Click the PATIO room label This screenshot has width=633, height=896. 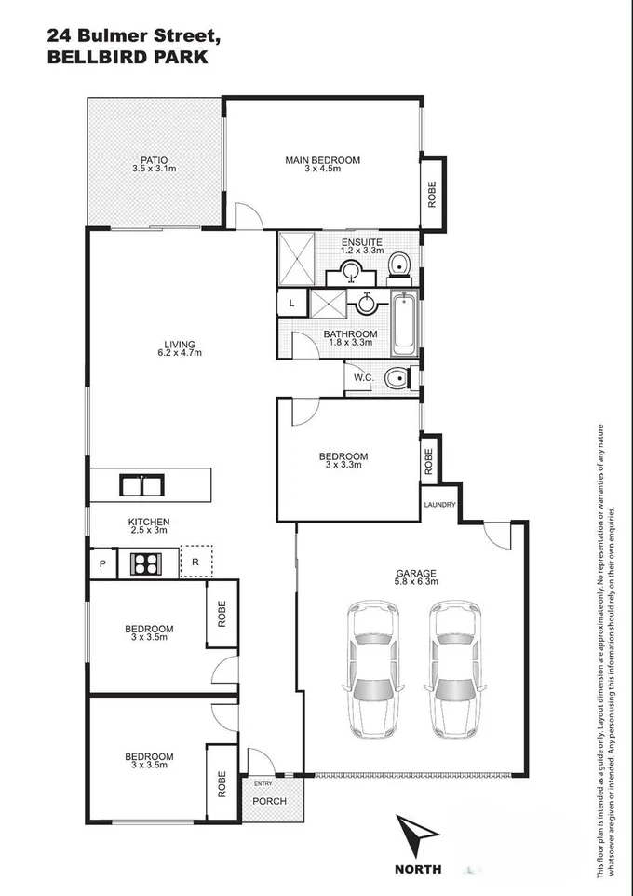click(x=154, y=159)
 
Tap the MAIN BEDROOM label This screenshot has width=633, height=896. click(x=322, y=160)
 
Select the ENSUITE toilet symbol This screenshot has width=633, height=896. click(x=398, y=265)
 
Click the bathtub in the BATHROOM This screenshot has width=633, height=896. click(x=403, y=323)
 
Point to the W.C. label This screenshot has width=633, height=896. click(x=363, y=377)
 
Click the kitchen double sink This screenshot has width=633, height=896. click(x=141, y=485)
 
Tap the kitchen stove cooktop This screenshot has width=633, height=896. click(x=146, y=563)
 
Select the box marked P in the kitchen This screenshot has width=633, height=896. click(x=101, y=563)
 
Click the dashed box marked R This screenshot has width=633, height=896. click(x=195, y=562)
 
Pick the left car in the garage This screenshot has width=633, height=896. click(x=372, y=669)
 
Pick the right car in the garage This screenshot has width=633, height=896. click(x=455, y=669)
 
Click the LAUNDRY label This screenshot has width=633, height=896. click(x=439, y=505)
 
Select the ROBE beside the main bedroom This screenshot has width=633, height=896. click(x=432, y=193)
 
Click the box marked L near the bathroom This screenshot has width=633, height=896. click(x=291, y=304)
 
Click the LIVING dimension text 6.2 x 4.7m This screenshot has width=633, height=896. click(x=179, y=353)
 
